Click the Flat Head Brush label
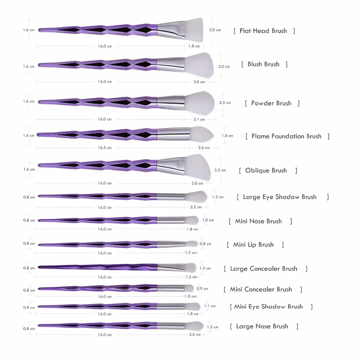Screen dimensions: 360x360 pyautogui.click(x=263, y=31)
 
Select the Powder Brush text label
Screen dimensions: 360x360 pyautogui.click(x=271, y=103)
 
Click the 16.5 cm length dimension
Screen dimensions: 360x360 pyautogui.click(x=105, y=148)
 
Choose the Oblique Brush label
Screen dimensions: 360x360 pyautogui.click(x=266, y=171)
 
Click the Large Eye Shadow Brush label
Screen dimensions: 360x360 pyautogui.click(x=280, y=197)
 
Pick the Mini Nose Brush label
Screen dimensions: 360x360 pyautogui.click(x=258, y=221)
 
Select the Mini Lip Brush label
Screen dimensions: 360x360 pyautogui.click(x=253, y=245)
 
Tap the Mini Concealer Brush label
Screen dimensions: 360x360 pyautogui.click(x=261, y=289)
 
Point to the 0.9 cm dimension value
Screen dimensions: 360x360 pyautogui.click(x=202, y=289)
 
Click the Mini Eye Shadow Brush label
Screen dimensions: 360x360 pyautogui.click(x=269, y=307)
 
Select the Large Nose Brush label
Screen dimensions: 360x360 pyautogui.click(x=262, y=327)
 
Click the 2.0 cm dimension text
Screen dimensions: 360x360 pyautogui.click(x=194, y=334)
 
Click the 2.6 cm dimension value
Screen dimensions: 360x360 pyautogui.click(x=204, y=148)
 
